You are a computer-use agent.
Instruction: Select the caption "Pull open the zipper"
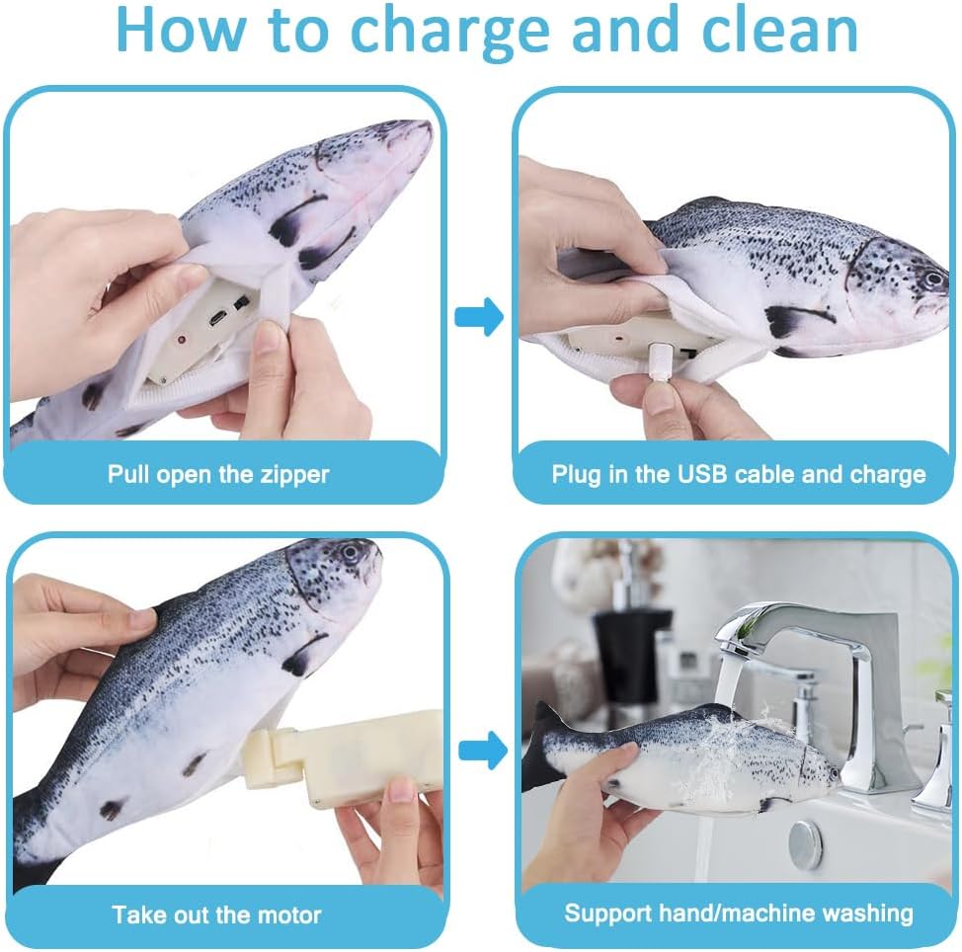click(218, 473)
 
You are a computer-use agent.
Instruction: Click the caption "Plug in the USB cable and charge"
click(738, 474)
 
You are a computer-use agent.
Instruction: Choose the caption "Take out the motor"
click(216, 913)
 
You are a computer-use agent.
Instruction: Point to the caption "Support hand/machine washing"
click(739, 913)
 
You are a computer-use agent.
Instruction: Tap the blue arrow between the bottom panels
click(479, 751)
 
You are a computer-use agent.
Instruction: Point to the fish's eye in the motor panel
click(350, 553)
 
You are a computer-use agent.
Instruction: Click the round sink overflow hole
click(805, 845)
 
